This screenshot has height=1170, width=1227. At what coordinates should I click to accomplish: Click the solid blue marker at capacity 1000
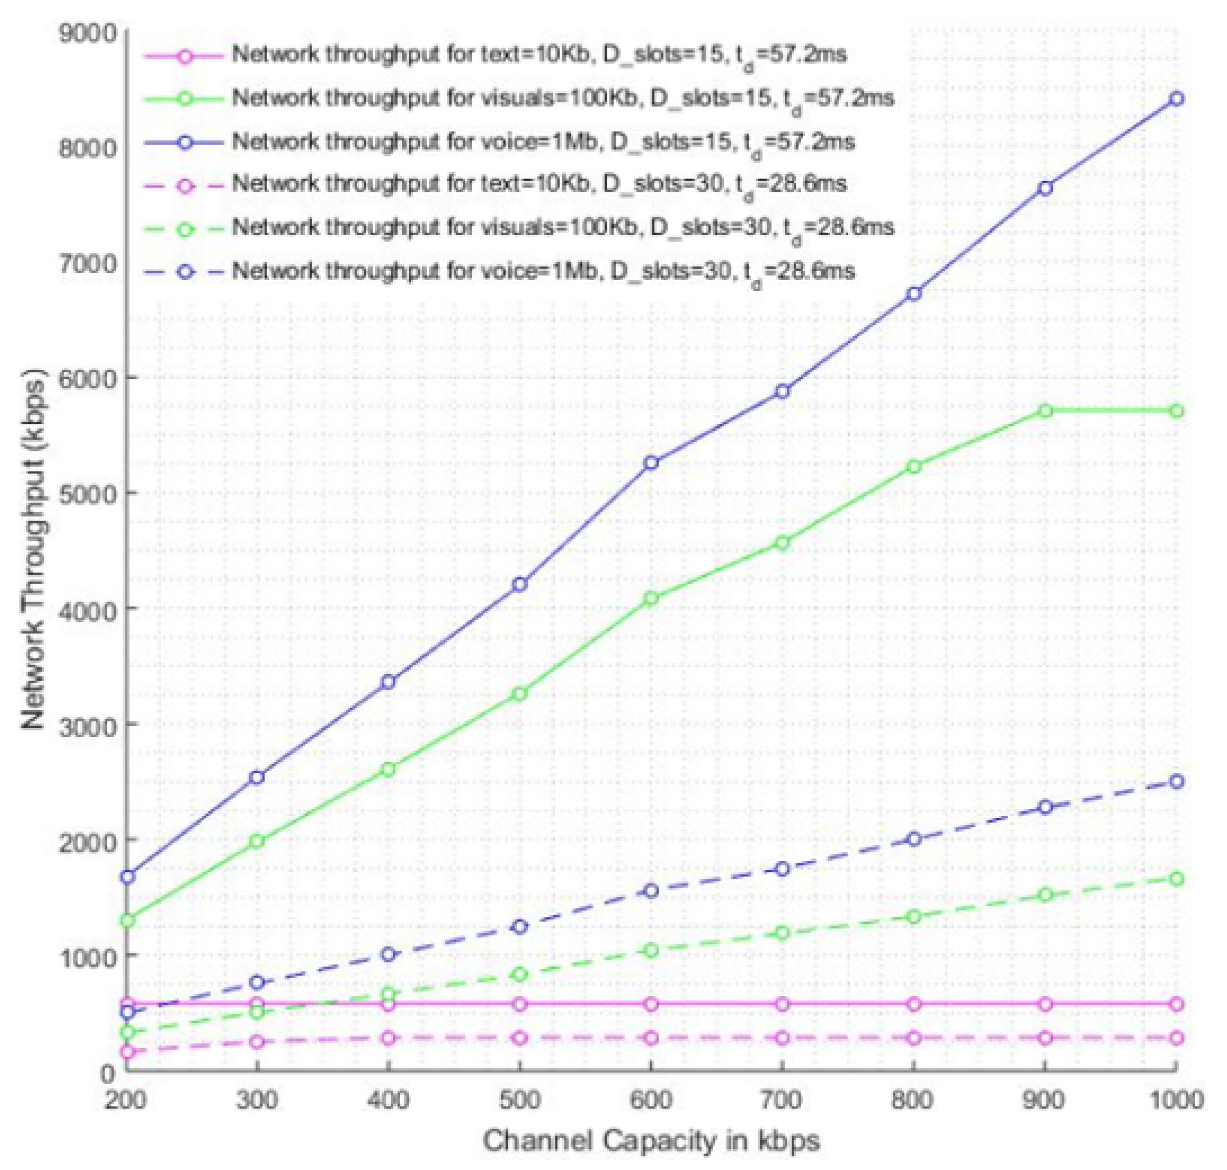[1176, 98]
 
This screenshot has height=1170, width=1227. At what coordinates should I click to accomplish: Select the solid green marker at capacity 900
[1045, 410]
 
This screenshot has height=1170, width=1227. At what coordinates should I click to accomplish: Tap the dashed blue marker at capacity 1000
[1176, 781]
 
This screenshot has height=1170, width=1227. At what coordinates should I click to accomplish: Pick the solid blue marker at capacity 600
[651, 463]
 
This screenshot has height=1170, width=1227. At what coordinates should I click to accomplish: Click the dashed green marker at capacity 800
[914, 917]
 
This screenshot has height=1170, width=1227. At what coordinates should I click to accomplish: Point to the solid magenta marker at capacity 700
[782, 1004]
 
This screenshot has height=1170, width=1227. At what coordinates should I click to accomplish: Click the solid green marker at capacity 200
[127, 920]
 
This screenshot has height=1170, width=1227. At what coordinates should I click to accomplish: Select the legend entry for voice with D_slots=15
[543, 142]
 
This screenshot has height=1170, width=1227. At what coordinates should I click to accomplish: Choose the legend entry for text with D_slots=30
[538, 184]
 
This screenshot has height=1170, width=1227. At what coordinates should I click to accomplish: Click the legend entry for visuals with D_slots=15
[563, 98]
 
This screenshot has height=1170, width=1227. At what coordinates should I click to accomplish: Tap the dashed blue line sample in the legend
[184, 273]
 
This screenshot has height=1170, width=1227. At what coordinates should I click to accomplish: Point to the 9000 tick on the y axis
[87, 33]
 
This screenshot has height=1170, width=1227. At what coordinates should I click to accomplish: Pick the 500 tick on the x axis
[520, 1100]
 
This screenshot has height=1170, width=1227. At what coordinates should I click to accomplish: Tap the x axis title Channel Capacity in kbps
[651, 1141]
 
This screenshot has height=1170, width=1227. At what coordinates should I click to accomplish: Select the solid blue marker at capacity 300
[257, 777]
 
